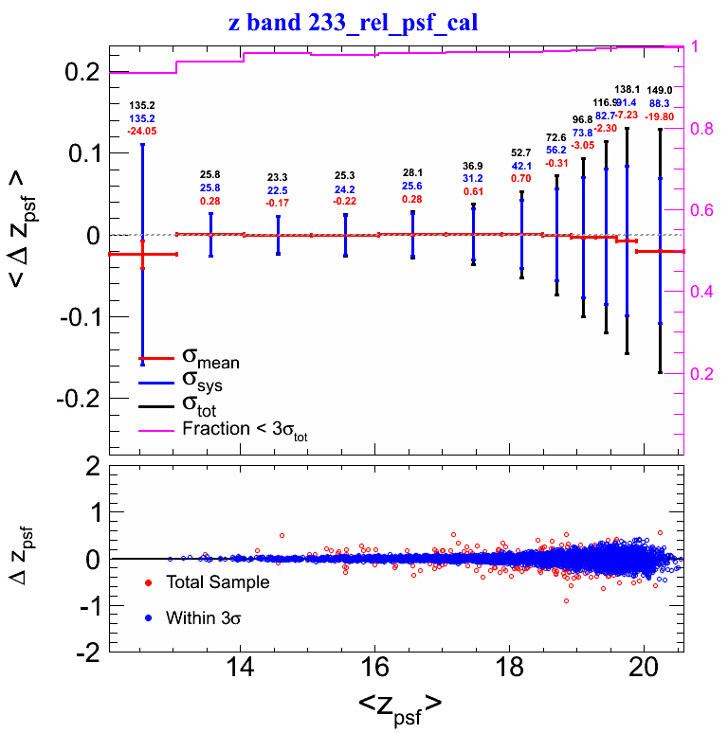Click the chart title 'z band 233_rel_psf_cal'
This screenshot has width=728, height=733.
(353, 21)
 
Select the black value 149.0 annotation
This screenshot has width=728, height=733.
(659, 90)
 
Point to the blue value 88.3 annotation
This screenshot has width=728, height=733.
(659, 103)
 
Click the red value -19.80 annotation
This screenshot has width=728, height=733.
(659, 116)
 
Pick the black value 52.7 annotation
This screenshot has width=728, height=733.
(521, 152)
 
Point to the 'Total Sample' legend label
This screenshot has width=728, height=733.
(216, 582)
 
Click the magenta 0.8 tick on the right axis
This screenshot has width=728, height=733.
(703, 129)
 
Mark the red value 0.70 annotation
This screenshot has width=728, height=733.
(521, 178)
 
